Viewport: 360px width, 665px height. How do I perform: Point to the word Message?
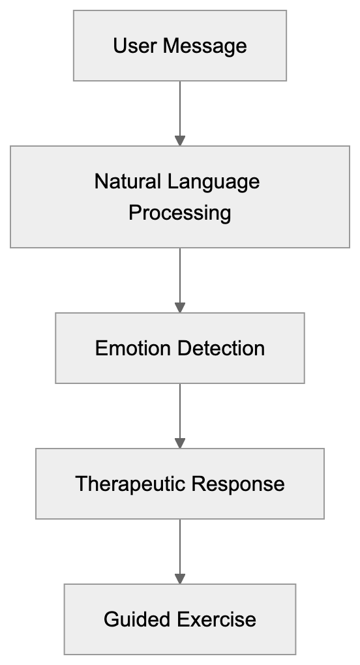204,46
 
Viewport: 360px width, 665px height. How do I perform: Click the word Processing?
180,213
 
